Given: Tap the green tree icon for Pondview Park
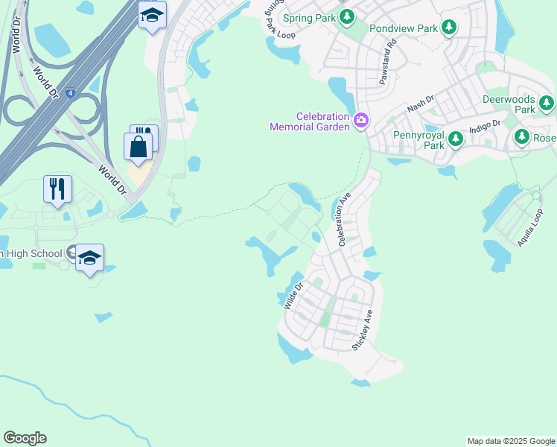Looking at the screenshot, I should (x=448, y=28).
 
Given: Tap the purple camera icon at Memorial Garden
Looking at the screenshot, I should (x=362, y=120).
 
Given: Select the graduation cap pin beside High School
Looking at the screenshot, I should (x=89, y=258).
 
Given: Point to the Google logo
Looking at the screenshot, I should (x=25, y=438).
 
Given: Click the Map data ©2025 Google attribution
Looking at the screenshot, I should (x=511, y=441).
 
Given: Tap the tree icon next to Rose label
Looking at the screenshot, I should (x=522, y=137).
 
